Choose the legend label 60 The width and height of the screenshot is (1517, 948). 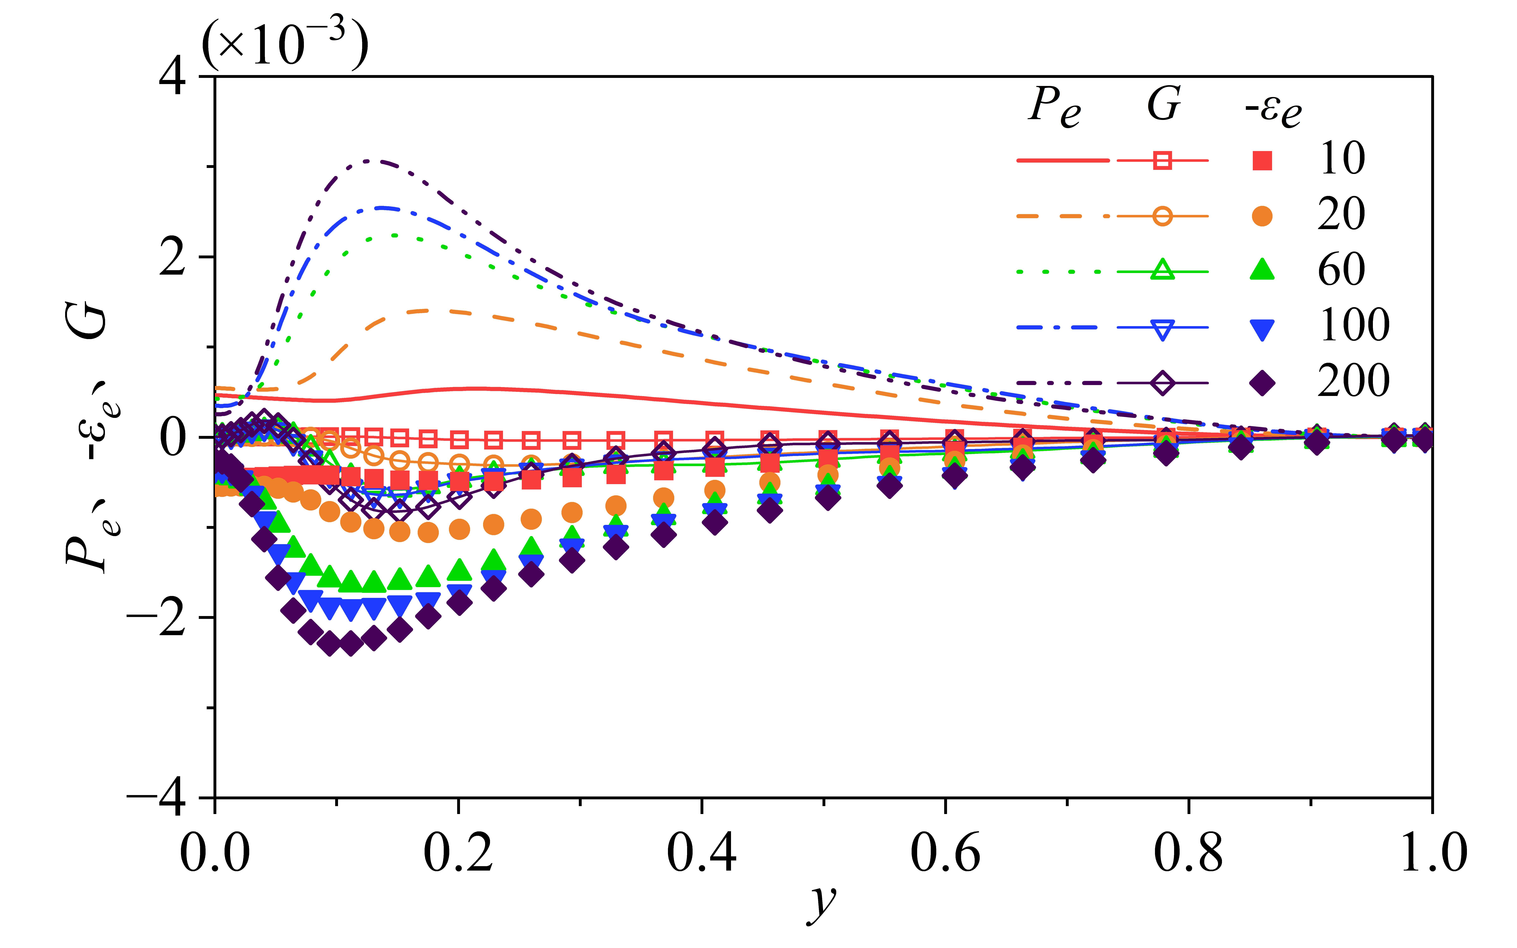(x=1341, y=270)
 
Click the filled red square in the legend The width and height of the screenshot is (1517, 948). (x=1262, y=161)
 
